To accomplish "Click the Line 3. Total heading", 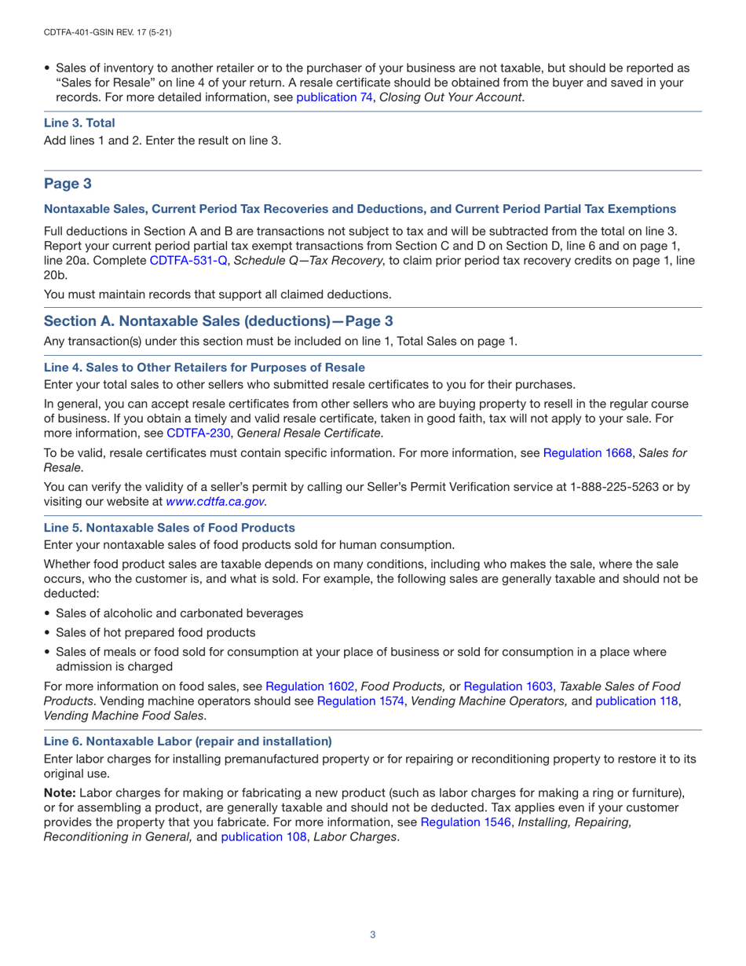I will pyautogui.click(x=79, y=123).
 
